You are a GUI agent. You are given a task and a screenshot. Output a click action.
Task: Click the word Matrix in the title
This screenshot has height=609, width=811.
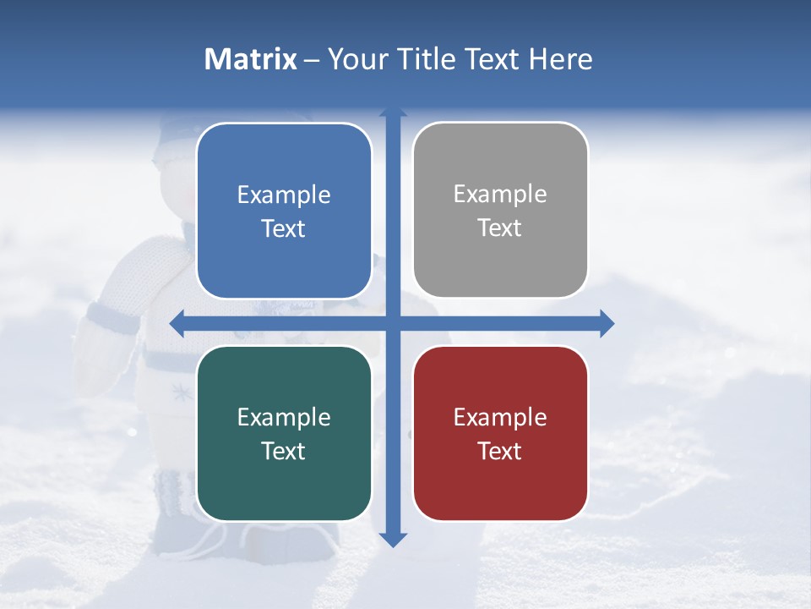251,59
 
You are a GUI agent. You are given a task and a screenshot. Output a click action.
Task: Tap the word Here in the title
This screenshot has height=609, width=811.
560,59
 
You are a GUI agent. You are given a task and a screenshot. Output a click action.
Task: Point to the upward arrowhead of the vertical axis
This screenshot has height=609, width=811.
393,113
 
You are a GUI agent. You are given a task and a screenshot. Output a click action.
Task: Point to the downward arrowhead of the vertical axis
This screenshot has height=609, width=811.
393,539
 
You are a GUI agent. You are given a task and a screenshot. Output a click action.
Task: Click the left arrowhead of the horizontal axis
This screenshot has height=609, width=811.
177,323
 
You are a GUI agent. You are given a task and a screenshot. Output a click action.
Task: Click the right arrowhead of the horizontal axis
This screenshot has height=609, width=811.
607,323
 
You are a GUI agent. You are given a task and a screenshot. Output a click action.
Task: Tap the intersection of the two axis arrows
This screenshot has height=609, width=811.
393,323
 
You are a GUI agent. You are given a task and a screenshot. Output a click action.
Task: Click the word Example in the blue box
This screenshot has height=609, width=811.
284,195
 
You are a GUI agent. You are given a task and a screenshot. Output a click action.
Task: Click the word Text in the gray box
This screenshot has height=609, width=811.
500,228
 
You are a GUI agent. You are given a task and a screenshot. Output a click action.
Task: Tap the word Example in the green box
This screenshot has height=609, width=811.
284,418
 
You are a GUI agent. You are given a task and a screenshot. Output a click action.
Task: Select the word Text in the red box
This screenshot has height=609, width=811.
500,451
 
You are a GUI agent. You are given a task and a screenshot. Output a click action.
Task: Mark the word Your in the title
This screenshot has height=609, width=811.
356,59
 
